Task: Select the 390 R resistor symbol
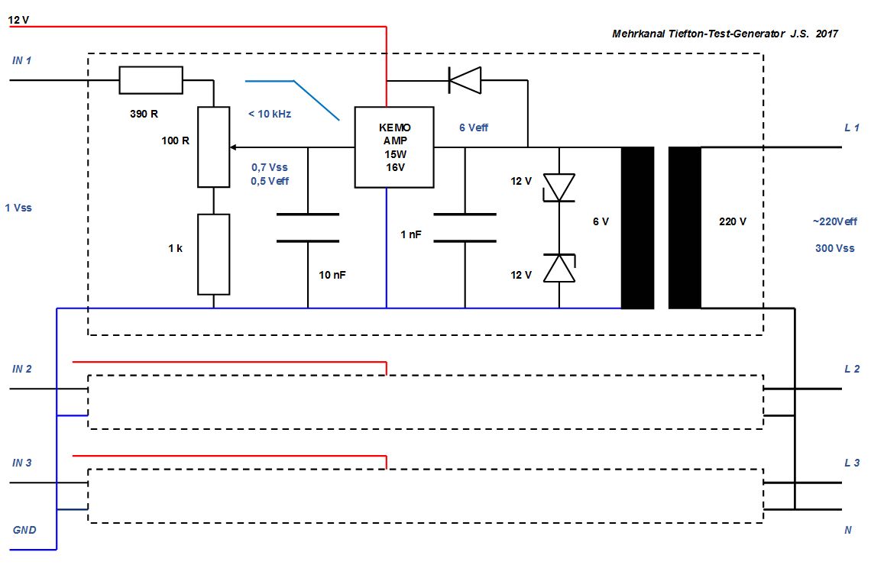(x=151, y=80)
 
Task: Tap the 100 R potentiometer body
(x=213, y=147)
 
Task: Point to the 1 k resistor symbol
(x=213, y=254)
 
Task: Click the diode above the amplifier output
(x=465, y=79)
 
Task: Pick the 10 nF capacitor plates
(x=308, y=228)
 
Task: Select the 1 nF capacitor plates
(x=465, y=228)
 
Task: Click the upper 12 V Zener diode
(x=559, y=188)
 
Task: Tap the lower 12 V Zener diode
(x=559, y=269)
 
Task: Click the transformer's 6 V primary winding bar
(x=637, y=228)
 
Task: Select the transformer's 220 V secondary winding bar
(x=685, y=228)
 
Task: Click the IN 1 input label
(x=22, y=60)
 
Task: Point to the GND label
(x=24, y=530)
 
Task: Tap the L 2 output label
(x=852, y=369)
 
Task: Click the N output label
(x=848, y=530)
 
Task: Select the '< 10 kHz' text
(x=270, y=115)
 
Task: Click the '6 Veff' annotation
(x=474, y=128)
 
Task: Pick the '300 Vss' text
(x=835, y=248)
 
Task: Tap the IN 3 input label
(x=22, y=463)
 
